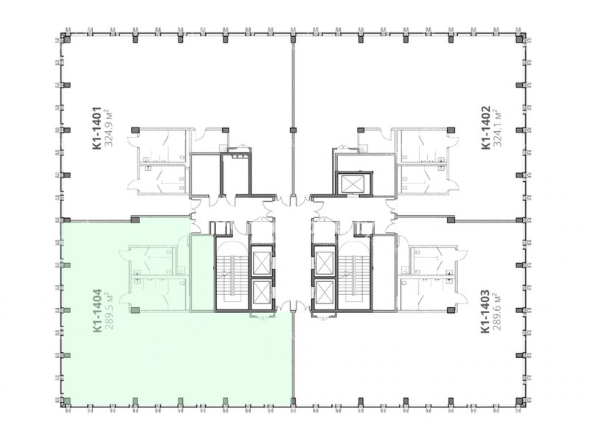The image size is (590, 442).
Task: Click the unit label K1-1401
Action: tap(97, 128)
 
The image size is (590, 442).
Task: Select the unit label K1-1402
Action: tap(486, 127)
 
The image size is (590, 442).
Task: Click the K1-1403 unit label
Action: tap(485, 311)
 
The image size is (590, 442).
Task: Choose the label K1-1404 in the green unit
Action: tap(97, 310)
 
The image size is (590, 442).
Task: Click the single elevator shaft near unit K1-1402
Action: tap(354, 184)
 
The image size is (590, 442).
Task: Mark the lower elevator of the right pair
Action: tap(324, 292)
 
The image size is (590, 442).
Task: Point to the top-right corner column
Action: tap(521, 38)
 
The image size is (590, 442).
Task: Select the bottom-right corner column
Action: tap(521, 401)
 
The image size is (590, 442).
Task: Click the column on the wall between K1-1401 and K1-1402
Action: tap(293, 130)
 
